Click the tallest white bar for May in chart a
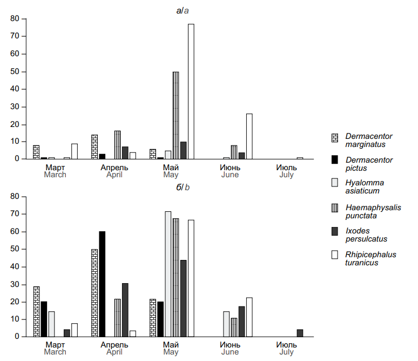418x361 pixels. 191,92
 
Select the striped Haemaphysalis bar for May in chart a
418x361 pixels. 176,116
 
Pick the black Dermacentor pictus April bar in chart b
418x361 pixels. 102,284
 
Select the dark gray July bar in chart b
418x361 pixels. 300,333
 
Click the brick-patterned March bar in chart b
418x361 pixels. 36,311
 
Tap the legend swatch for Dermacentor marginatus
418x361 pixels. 334,138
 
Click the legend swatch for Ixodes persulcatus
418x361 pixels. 334,231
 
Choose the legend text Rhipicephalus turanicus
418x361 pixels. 370,258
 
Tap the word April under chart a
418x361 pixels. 114,175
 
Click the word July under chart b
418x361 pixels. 287,352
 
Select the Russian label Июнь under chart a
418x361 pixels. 230,168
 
